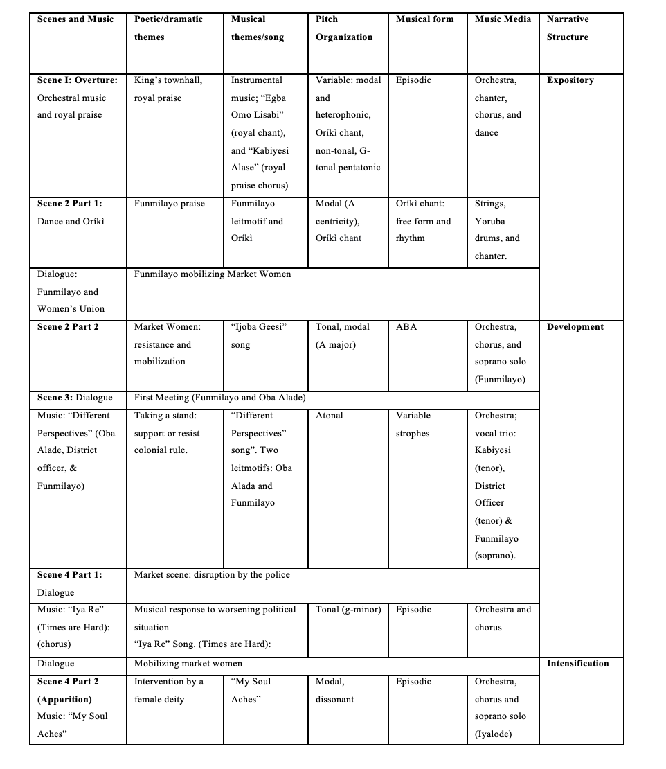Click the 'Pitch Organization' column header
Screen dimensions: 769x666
pyautogui.click(x=344, y=28)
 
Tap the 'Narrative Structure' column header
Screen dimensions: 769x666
pyautogui.click(x=568, y=28)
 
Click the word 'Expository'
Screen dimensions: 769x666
pyautogui.click(x=570, y=80)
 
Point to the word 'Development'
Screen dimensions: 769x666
pyautogui.click(x=575, y=327)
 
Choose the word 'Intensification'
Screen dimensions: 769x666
pyautogui.click(x=577, y=664)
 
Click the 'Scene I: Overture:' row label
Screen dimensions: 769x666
pyautogui.click(x=77, y=80)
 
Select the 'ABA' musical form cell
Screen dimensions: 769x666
pyautogui.click(x=406, y=327)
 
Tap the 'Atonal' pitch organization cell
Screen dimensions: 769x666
pyautogui.click(x=330, y=416)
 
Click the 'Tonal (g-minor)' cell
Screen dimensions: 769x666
pyautogui.click(x=348, y=610)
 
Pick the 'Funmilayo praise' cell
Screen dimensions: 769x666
pyautogui.click(x=170, y=204)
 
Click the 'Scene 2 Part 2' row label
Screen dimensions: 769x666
pyautogui.click(x=68, y=327)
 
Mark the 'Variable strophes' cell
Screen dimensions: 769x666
pyautogui.click(x=413, y=425)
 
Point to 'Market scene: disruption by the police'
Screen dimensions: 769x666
pyautogui.click(x=212, y=575)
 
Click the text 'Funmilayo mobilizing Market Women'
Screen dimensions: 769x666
pyautogui.click(x=213, y=274)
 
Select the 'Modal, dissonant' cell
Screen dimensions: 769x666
pyautogui.click(x=335, y=691)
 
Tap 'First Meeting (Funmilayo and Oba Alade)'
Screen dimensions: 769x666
pyautogui.click(x=220, y=398)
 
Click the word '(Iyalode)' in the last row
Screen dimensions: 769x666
pyautogui.click(x=493, y=734)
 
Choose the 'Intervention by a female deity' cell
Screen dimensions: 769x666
pyautogui.click(x=169, y=691)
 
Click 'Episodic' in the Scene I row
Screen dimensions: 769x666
pyautogui.click(x=413, y=80)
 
